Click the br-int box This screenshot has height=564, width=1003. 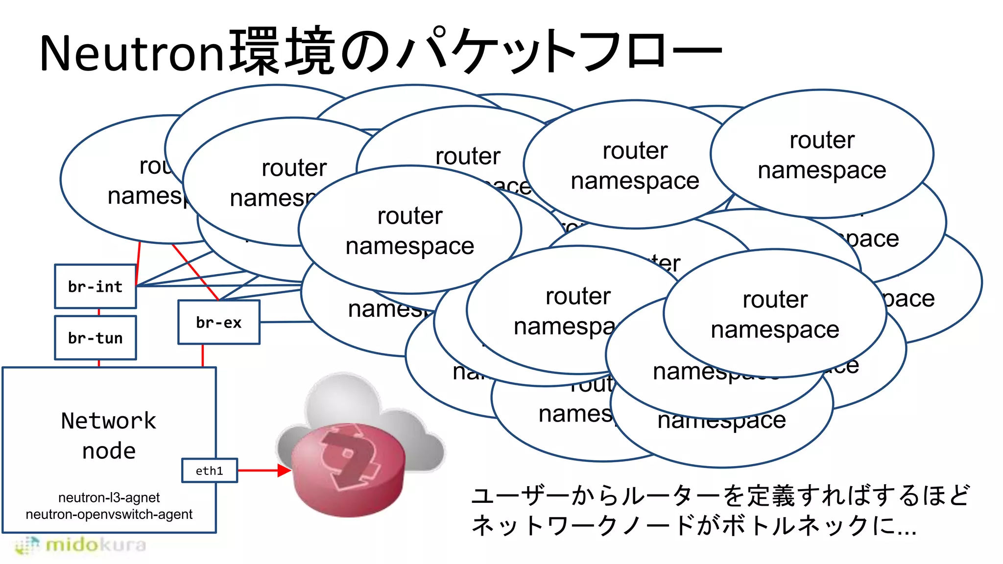(x=96, y=286)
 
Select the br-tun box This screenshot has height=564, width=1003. (x=96, y=338)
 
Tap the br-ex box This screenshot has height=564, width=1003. (x=218, y=322)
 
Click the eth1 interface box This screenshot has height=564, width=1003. (x=210, y=470)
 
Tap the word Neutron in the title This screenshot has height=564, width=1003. (x=132, y=53)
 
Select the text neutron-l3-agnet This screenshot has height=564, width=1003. (x=109, y=497)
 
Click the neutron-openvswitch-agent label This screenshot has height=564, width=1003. (x=109, y=514)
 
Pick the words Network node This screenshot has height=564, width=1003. (x=109, y=435)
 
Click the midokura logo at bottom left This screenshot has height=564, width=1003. (x=81, y=545)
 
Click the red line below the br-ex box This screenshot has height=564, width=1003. (x=203, y=355)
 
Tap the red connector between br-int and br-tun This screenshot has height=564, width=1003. (x=99, y=312)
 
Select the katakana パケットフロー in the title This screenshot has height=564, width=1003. (x=558, y=51)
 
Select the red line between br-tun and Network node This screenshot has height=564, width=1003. (x=99, y=363)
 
